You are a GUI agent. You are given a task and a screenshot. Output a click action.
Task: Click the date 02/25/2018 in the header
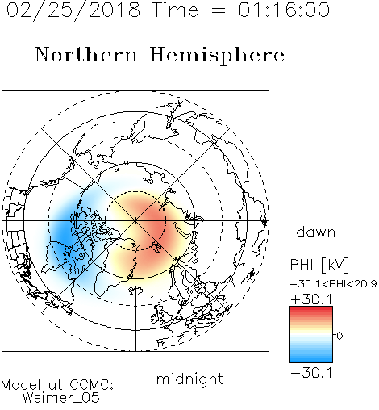click(x=73, y=10)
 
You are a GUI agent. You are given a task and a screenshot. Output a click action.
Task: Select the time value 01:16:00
click(x=284, y=10)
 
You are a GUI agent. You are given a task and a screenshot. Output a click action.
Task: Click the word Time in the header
click(x=175, y=10)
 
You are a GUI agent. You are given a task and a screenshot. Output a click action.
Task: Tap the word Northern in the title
click(x=86, y=54)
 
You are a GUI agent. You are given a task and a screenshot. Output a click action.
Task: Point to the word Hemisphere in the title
click(x=217, y=56)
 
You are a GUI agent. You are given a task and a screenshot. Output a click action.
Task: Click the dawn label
click(x=316, y=232)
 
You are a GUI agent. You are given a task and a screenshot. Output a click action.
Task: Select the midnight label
click(x=189, y=379)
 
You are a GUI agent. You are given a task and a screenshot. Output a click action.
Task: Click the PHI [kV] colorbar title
click(x=320, y=265)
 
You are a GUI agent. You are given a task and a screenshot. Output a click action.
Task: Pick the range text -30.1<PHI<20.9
click(x=334, y=283)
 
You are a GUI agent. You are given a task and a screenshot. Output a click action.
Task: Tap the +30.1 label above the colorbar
click(x=311, y=299)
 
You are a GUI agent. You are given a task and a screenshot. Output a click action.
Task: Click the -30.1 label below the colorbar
click(x=311, y=373)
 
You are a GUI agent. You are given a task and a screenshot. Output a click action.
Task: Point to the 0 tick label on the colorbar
click(x=339, y=336)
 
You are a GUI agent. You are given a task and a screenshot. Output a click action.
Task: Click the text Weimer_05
click(x=61, y=398)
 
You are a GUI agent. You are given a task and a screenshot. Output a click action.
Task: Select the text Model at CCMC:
click(x=57, y=385)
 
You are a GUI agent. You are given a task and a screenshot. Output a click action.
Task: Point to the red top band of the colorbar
click(x=311, y=309)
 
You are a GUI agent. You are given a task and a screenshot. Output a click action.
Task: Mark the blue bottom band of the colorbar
click(x=311, y=360)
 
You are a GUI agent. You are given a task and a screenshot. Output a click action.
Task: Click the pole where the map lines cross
click(x=135, y=220)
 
